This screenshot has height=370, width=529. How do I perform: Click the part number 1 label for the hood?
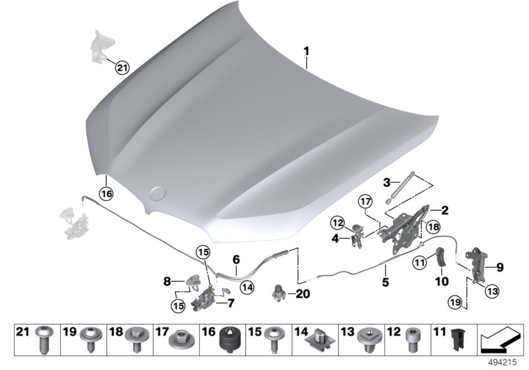click(306, 50)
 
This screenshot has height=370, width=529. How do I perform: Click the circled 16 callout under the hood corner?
click(106, 193)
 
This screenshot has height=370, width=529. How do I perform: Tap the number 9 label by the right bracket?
click(500, 268)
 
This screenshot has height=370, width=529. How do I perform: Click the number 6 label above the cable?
click(235, 260)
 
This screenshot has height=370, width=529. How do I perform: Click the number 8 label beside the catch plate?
click(167, 281)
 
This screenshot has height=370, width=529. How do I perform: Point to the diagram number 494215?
click(503, 363)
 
